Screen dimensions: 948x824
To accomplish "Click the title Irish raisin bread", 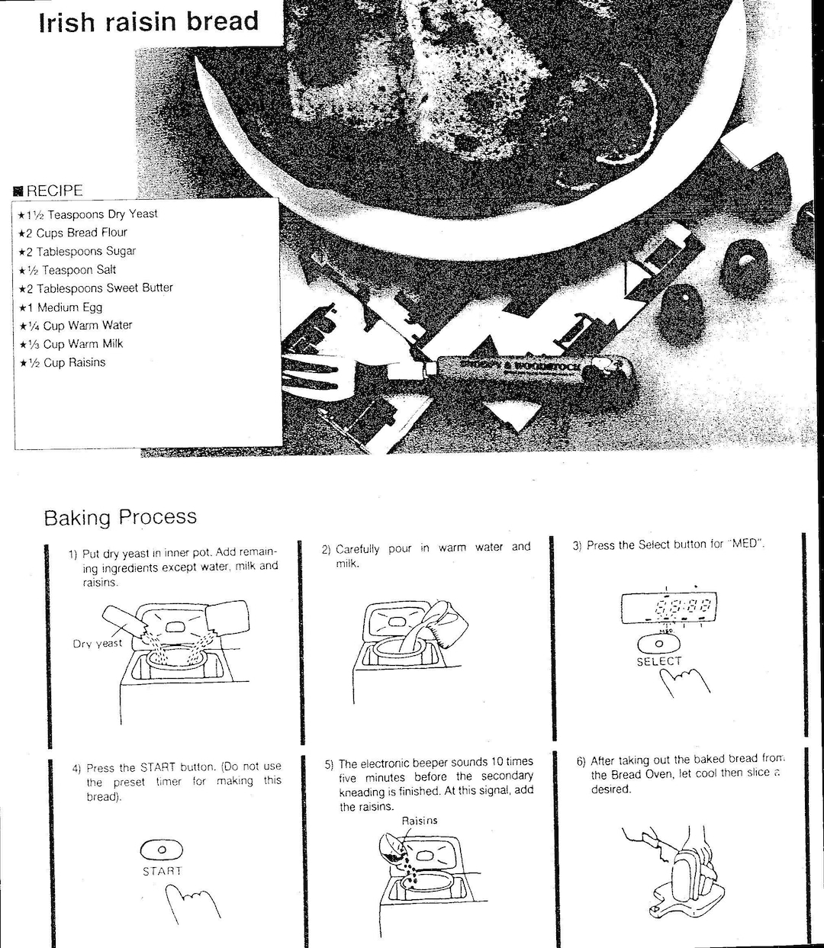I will (149, 21).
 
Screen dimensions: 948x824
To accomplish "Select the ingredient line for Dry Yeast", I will (88, 214).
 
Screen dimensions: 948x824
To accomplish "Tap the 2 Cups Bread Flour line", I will (73, 233).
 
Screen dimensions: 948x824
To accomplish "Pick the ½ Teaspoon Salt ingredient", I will (69, 270).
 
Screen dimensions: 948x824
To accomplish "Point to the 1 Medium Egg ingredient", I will (61, 307).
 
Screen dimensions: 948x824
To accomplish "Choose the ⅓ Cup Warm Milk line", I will (71, 344).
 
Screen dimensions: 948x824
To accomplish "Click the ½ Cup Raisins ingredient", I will (63, 363).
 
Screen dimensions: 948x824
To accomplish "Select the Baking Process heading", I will (120, 517).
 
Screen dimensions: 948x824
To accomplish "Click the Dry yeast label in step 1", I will (97, 644).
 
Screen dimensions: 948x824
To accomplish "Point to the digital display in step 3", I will (668, 608).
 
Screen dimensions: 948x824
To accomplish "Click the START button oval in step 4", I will (161, 849).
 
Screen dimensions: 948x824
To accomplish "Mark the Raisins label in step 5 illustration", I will (420, 821).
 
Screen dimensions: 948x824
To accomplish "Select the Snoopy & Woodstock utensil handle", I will (526, 369).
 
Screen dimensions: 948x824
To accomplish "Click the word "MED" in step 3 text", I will (744, 545).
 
